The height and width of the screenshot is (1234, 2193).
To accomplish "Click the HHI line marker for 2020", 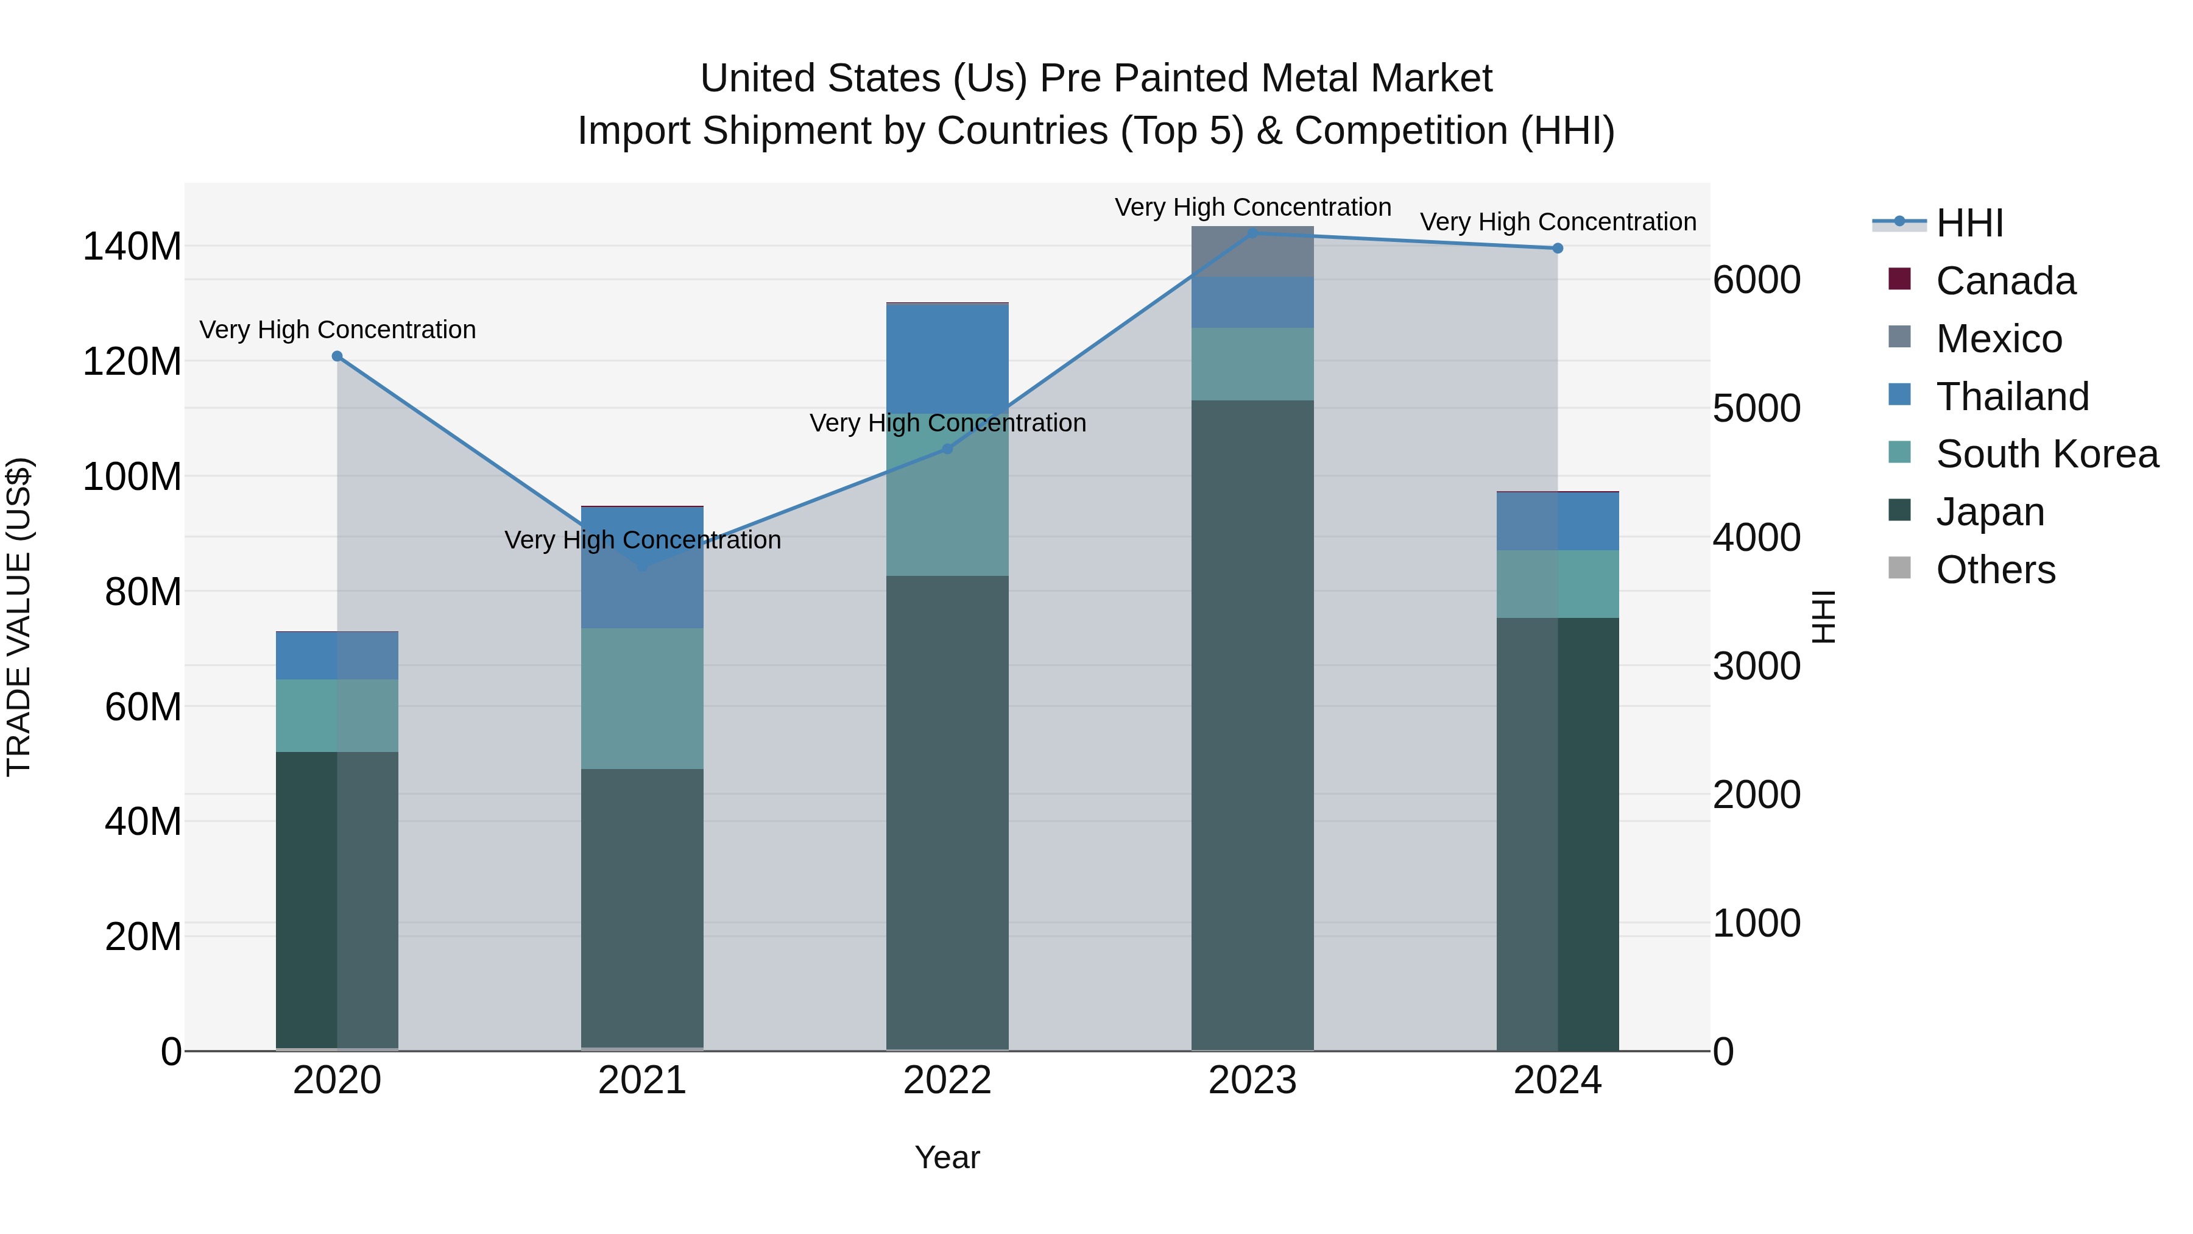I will [x=337, y=356].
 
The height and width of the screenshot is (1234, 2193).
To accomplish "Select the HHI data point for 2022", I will [x=947, y=449].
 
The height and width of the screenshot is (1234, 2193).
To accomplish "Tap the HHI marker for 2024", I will [x=1557, y=249].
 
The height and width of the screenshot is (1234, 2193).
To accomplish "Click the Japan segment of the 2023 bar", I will [x=1252, y=724].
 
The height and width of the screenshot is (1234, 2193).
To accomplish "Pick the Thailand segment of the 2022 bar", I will [x=947, y=358].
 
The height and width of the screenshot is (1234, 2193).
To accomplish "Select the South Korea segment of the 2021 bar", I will [x=642, y=698].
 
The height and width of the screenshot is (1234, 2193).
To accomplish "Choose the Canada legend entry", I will [x=2005, y=281].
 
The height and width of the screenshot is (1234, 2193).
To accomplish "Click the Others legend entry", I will [x=1994, y=570].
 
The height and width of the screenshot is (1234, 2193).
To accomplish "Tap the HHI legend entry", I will [x=1969, y=223].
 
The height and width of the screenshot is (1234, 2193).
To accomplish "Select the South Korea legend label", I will [x=2047, y=454].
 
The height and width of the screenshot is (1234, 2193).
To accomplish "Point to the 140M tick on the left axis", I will [x=132, y=247].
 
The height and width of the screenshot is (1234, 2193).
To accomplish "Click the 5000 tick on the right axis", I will [x=1756, y=409].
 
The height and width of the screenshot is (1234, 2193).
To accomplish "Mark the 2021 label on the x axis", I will [x=642, y=1080].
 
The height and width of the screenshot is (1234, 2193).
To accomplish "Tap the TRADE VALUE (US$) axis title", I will [x=19, y=617].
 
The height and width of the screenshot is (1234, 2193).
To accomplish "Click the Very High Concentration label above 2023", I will [x=1252, y=207].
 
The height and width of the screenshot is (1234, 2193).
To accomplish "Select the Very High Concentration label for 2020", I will [x=337, y=330].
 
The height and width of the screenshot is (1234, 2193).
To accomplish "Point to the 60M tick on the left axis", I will [x=143, y=707].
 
